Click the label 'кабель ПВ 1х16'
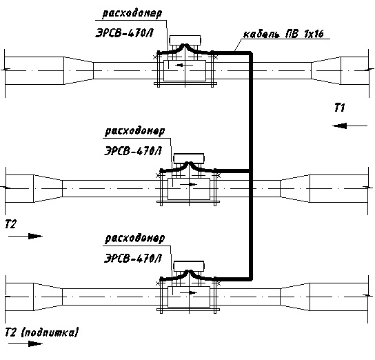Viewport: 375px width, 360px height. [x=283, y=34]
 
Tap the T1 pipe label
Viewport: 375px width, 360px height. [x=340, y=108]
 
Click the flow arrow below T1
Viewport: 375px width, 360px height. [x=350, y=126]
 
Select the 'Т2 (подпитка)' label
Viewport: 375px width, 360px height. [x=41, y=332]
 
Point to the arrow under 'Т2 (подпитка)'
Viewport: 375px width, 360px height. [x=26, y=344]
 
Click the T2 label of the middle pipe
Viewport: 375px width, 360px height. [x=11, y=224]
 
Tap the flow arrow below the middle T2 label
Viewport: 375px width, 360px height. [x=26, y=237]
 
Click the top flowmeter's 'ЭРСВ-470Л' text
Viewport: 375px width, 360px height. [x=124, y=33]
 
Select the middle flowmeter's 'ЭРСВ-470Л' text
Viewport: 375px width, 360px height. [x=133, y=151]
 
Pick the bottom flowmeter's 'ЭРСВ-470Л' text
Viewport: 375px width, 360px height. [x=133, y=259]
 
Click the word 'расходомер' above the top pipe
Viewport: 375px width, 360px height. [x=132, y=14]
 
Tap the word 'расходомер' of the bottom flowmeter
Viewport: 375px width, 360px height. [x=135, y=239]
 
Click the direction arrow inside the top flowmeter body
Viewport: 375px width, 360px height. [x=184, y=65]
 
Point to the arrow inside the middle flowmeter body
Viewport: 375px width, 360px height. [x=189, y=184]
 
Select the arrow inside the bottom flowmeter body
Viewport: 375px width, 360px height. [x=189, y=292]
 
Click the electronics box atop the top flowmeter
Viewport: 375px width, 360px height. [x=185, y=40]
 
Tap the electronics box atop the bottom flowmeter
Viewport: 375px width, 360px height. [x=189, y=266]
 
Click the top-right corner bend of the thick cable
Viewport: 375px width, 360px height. [x=251, y=53]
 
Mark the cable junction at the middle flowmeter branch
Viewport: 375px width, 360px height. [x=251, y=171]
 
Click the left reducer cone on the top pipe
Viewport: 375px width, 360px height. [x=79, y=70]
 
